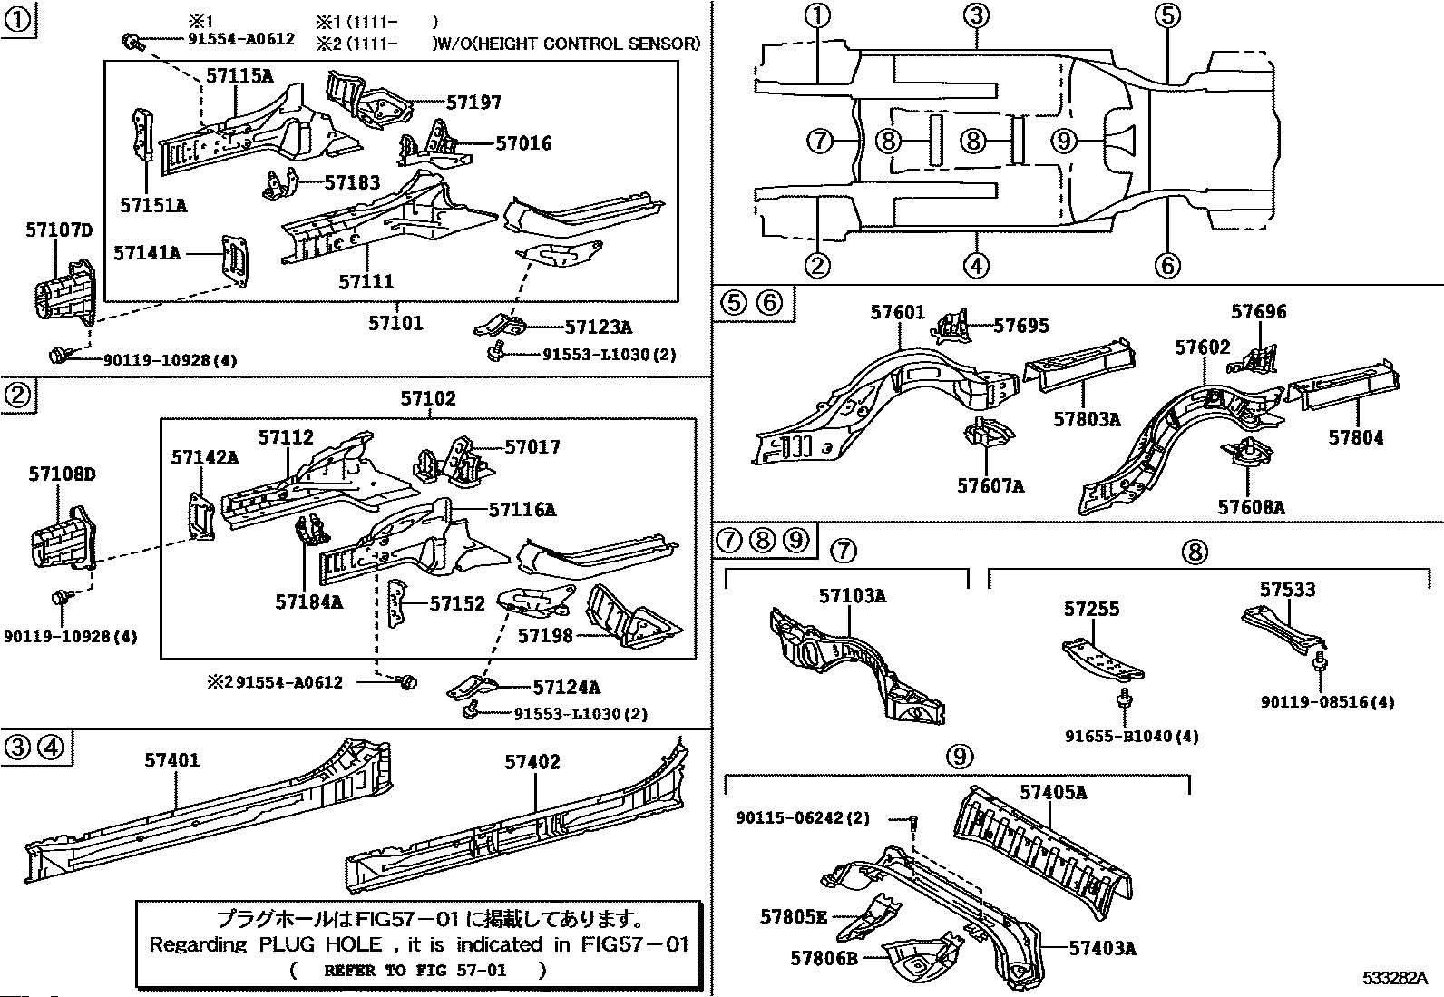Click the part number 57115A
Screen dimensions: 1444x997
click(239, 76)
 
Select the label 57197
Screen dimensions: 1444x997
click(473, 102)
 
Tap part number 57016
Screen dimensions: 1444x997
click(523, 142)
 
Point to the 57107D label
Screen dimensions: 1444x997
click(59, 230)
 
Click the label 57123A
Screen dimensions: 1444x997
click(599, 327)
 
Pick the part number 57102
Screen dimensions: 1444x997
click(428, 398)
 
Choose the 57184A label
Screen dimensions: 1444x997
click(308, 601)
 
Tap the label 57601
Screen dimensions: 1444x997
click(898, 312)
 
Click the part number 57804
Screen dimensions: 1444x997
click(1356, 437)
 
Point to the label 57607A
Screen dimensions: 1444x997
click(990, 485)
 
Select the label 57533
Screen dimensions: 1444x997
click(1287, 589)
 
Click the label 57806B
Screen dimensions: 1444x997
click(824, 958)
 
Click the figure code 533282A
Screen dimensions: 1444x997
click(1395, 978)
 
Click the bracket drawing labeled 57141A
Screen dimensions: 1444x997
click(235, 260)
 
